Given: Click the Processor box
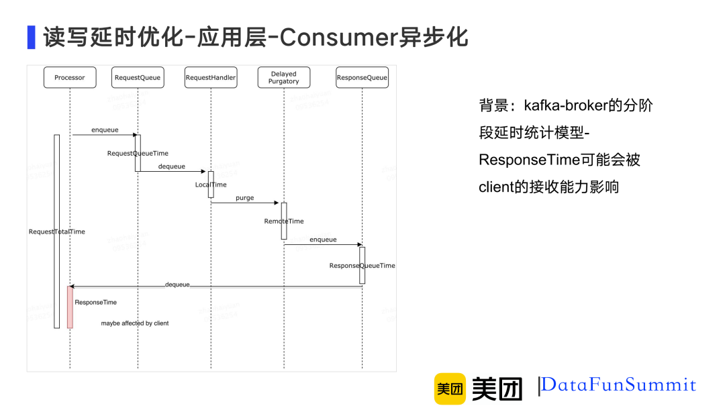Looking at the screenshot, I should pyautogui.click(x=70, y=78).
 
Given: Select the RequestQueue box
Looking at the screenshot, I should pyautogui.click(x=138, y=78).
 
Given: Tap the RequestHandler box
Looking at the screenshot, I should pyautogui.click(x=211, y=78).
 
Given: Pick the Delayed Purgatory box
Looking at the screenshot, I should pyautogui.click(x=284, y=78).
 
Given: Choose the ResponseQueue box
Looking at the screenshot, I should pyautogui.click(x=362, y=78).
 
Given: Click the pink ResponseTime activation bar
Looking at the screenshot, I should pyautogui.click(x=70, y=307).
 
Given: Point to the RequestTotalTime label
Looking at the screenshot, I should pyautogui.click(x=57, y=232).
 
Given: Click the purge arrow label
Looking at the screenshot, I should pyautogui.click(x=244, y=198).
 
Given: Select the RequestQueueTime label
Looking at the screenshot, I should pyautogui.click(x=138, y=154).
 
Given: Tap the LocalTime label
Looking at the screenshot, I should pyautogui.click(x=211, y=185).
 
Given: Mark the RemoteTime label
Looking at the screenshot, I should pyautogui.click(x=284, y=221).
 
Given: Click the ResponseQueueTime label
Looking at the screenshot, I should pyautogui.click(x=362, y=266).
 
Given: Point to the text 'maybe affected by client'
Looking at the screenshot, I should pyautogui.click(x=135, y=323).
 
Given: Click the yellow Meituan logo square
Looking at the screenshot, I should pyautogui.click(x=450, y=389).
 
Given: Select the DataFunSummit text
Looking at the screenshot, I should pyautogui.click(x=619, y=385).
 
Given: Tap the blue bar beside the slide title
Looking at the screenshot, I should pyautogui.click(x=31, y=38).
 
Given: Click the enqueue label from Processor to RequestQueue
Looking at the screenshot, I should pyautogui.click(x=105, y=130).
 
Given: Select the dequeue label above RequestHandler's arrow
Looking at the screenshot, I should pyautogui.click(x=172, y=166).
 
